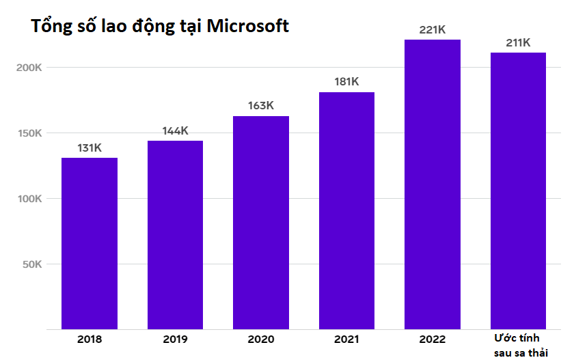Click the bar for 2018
[90, 243]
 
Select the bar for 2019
[175, 234]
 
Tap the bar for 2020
[261, 222]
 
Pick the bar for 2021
[346, 210]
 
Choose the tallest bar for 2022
[433, 184]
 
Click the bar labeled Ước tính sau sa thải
[519, 191]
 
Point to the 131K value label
[90, 148]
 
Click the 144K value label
[175, 130]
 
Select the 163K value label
[261, 106]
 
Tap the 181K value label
[346, 82]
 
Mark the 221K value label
[433, 29]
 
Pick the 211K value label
[519, 42]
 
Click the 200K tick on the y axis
[29, 68]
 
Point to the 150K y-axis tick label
[29, 133]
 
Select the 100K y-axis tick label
[29, 199]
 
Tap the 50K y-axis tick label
[32, 264]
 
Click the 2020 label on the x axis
[261, 340]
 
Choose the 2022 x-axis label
[433, 340]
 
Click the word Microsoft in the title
[247, 26]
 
